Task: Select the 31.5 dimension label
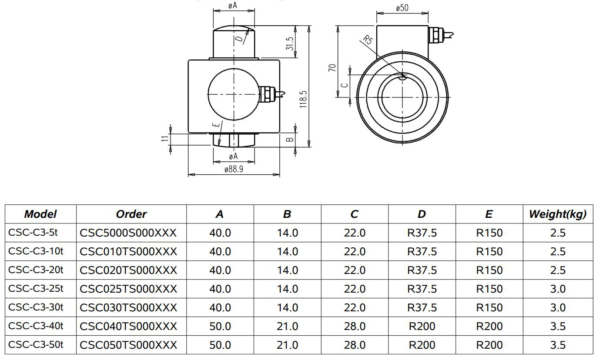[x=290, y=43]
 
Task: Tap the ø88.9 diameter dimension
[x=234, y=169]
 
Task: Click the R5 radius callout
[x=368, y=41]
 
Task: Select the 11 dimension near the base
[x=164, y=139]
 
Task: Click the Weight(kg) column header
[x=557, y=214]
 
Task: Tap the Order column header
[x=131, y=214]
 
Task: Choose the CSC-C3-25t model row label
[x=36, y=288]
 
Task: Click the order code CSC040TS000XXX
[x=128, y=326]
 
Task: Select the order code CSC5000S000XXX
[x=128, y=233]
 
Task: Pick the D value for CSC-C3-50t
[x=422, y=345]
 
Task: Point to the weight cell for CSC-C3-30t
[x=557, y=307]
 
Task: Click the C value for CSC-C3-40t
[x=354, y=326]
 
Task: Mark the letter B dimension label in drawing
[x=290, y=140]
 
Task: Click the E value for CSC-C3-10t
[x=489, y=251]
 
